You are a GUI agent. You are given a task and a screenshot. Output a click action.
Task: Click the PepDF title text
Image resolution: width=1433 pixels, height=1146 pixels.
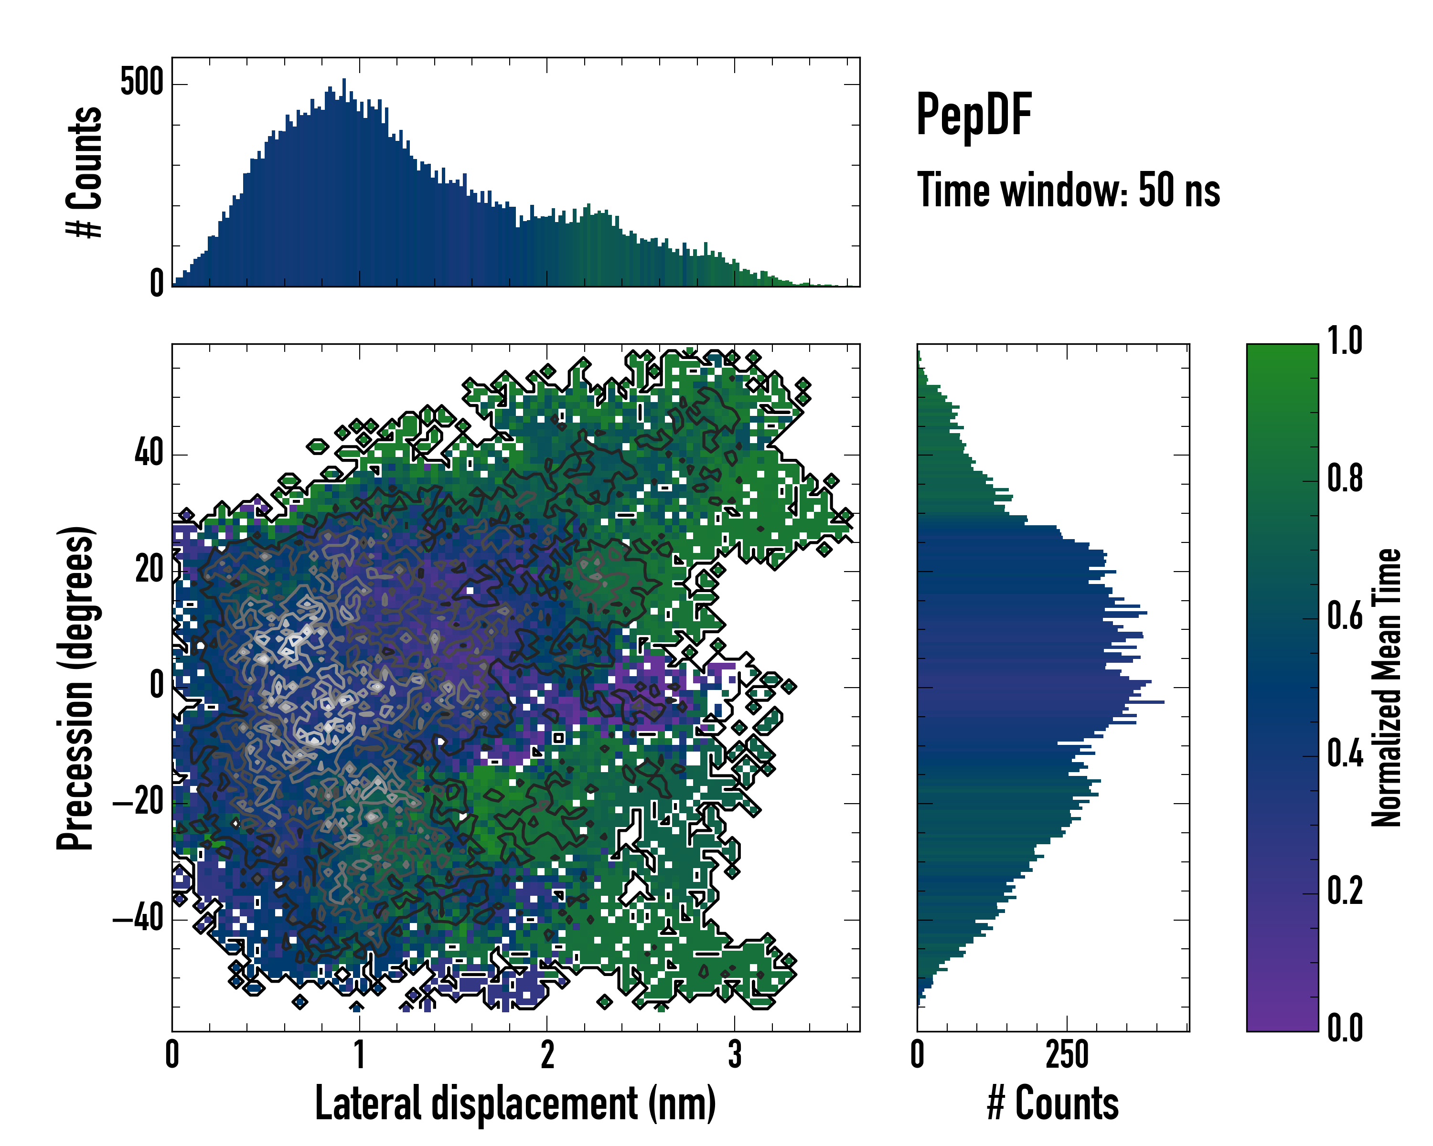[973, 116]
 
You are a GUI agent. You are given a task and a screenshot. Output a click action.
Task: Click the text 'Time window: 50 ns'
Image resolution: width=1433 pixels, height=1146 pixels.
[1068, 191]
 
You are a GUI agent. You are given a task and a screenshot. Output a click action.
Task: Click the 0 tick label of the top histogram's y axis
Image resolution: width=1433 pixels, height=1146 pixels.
[157, 284]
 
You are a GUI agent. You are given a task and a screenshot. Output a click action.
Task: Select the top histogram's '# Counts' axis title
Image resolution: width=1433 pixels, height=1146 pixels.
[85, 172]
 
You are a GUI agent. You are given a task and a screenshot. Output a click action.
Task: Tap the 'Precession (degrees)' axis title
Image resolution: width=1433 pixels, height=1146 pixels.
[75, 688]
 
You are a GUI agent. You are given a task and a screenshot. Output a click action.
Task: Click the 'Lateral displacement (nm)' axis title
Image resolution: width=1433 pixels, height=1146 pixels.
[515, 1104]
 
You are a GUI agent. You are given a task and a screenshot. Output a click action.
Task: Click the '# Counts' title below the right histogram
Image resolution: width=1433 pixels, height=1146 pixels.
[1053, 1104]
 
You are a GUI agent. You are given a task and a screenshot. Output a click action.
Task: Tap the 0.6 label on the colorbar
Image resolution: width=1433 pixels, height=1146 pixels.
[1345, 616]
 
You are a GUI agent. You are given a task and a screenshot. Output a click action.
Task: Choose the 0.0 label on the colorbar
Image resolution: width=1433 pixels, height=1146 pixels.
[1345, 1028]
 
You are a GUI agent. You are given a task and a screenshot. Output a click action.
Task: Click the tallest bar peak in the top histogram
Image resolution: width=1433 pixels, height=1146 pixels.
[343, 81]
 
